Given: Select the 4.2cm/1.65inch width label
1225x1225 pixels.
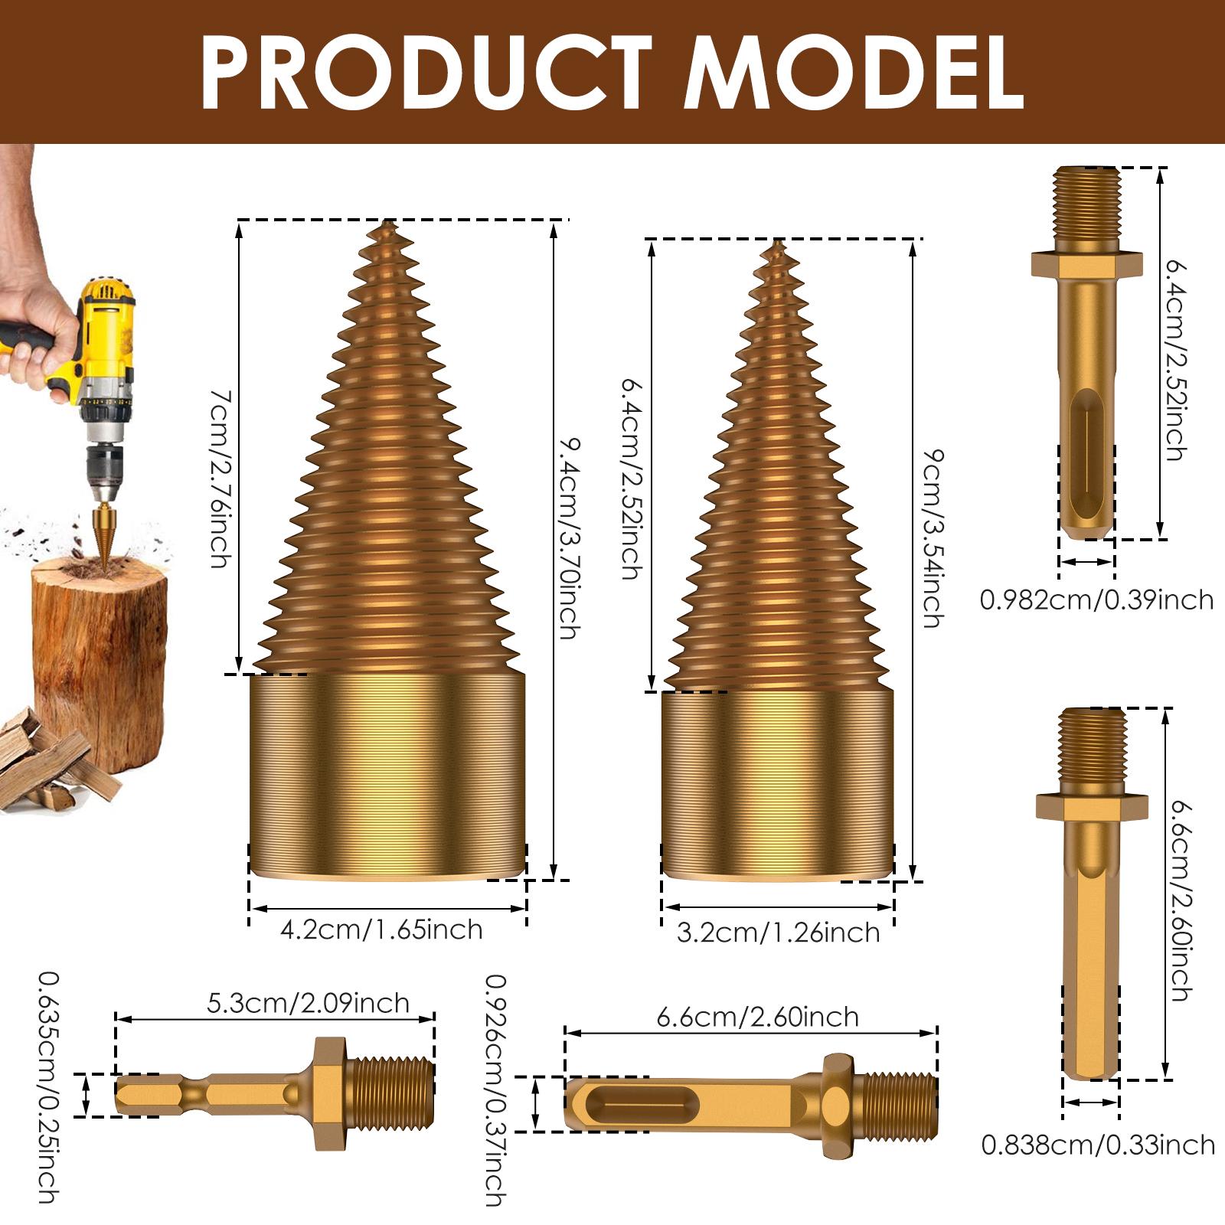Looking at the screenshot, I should tap(381, 930).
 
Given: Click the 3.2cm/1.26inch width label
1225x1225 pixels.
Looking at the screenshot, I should tap(778, 933).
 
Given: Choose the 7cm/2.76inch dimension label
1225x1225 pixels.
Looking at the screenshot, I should tap(220, 479).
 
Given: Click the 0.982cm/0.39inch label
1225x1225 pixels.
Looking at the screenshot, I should tap(1096, 599).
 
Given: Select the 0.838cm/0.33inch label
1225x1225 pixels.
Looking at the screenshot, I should tap(1098, 1145).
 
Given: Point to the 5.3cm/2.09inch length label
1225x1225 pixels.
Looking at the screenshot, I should tap(308, 1003).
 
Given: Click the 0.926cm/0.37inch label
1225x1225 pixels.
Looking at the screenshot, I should tap(496, 1091).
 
